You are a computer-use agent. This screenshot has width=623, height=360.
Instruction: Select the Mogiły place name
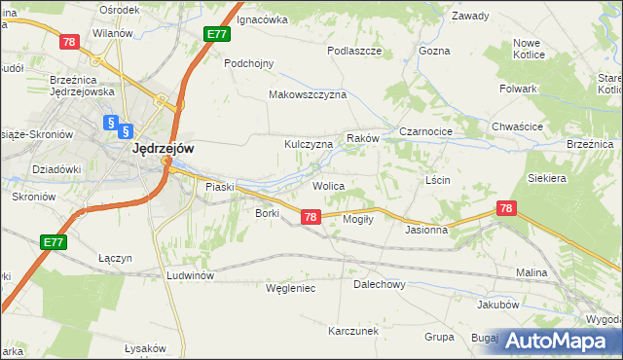click(358, 219)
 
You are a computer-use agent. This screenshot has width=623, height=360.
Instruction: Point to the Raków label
click(362, 138)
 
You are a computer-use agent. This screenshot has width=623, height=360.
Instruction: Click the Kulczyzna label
click(308, 144)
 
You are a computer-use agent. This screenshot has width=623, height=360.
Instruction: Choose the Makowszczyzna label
click(308, 95)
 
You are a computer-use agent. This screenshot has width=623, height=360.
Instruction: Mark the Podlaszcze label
click(353, 50)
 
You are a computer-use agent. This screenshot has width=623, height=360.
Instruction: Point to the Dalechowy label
click(379, 285)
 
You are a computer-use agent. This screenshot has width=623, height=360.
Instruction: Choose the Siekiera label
click(546, 179)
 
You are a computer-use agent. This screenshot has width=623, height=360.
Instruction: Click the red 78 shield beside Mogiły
click(310, 218)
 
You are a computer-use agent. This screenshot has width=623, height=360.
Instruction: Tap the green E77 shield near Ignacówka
click(217, 34)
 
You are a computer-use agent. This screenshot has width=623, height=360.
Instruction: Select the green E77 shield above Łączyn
click(54, 240)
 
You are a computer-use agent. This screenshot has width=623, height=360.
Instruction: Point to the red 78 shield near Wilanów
click(68, 41)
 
